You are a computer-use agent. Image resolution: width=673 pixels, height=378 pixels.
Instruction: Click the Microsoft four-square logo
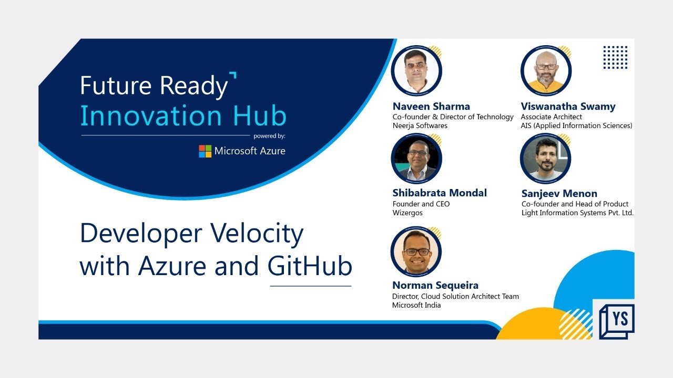click(205, 151)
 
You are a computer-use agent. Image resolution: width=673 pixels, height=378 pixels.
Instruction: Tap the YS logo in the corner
click(617, 321)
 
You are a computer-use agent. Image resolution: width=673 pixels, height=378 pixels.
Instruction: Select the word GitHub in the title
click(310, 266)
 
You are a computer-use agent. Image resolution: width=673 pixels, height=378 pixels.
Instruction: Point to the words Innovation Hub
click(183, 116)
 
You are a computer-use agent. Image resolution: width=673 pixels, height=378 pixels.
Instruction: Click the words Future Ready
click(154, 86)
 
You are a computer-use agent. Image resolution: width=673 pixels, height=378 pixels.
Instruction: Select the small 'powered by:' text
click(269, 136)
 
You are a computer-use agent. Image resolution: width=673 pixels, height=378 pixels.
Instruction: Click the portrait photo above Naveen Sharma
click(416, 71)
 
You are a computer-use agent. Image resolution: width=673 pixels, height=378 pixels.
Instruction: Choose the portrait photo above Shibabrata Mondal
click(416, 159)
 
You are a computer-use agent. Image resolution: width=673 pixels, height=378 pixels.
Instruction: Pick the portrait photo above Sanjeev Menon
click(545, 159)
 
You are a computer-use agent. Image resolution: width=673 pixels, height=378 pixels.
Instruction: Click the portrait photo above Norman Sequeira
click(416, 252)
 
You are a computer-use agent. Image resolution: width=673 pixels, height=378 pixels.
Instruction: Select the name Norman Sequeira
click(435, 286)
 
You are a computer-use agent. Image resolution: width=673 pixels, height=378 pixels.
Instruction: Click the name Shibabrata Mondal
click(440, 193)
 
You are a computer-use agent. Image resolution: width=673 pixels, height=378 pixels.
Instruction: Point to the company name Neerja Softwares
click(420, 126)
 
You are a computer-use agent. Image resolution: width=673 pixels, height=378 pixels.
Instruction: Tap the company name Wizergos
click(407, 213)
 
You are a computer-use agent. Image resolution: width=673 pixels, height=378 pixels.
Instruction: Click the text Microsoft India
click(416, 305)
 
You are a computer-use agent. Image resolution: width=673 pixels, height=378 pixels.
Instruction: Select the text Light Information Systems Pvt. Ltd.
click(577, 213)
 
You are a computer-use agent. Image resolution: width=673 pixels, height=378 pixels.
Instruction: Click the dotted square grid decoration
click(615, 57)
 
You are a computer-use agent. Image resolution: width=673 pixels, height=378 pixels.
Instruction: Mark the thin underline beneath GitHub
click(310, 286)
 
